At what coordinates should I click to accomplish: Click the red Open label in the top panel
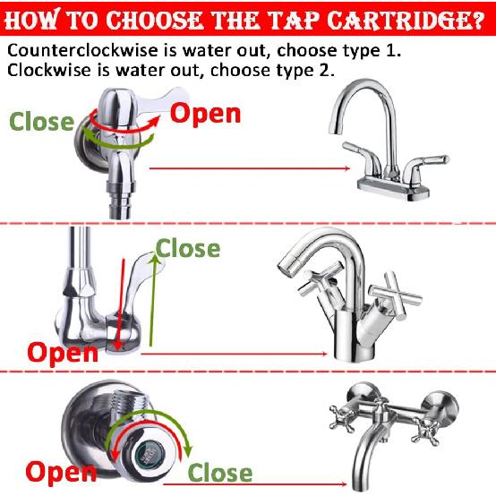coord(205,114)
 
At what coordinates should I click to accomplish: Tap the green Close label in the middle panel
coord(188,248)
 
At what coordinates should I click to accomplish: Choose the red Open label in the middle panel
coord(62,351)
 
